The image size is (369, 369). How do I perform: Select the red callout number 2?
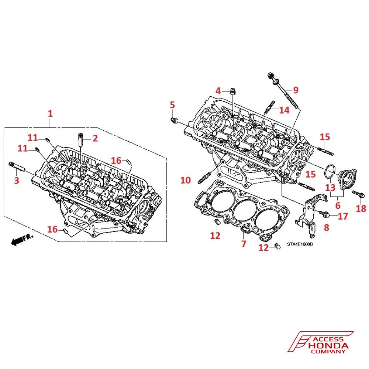pyautogui.click(x=95, y=138)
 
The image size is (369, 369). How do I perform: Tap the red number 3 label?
pyautogui.click(x=16, y=180)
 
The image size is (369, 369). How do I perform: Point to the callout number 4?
pyautogui.click(x=218, y=90)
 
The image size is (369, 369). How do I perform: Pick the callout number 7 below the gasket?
pyautogui.click(x=244, y=244)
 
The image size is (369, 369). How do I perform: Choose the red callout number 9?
pyautogui.click(x=296, y=90)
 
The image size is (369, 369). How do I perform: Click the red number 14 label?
pyautogui.click(x=284, y=110)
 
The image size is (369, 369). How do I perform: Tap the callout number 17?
pyautogui.click(x=343, y=216)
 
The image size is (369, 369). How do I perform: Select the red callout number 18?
pyautogui.click(x=361, y=209)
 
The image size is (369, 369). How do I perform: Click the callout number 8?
pyautogui.click(x=326, y=227)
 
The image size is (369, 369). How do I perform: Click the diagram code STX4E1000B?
pyautogui.click(x=300, y=244)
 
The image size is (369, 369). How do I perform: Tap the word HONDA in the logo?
pyautogui.click(x=328, y=346)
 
